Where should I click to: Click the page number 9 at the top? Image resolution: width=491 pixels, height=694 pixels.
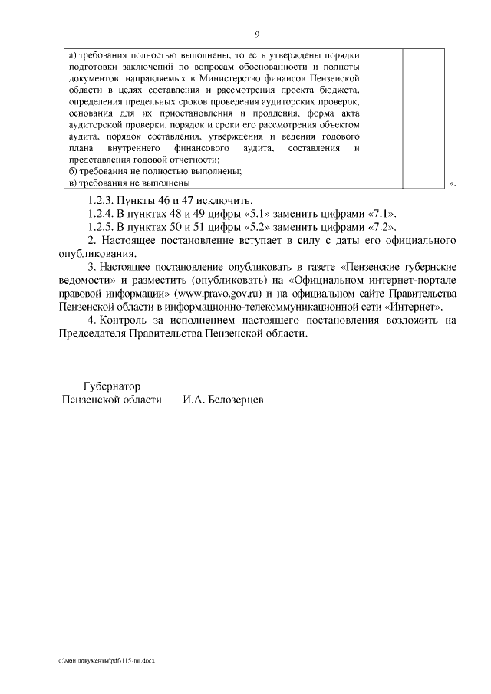point(257,35)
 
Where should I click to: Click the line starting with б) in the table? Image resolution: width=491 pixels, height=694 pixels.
point(134,171)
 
